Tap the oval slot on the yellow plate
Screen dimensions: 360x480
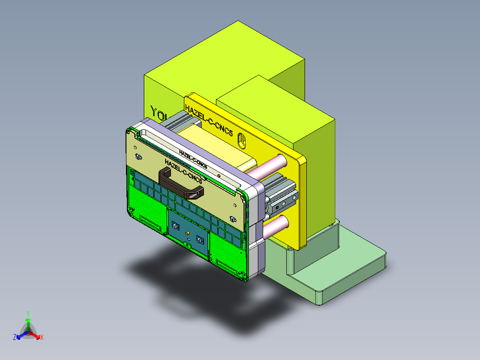pyautogui.click(x=242, y=141)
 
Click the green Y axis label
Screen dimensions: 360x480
pyautogui.click(x=28, y=313)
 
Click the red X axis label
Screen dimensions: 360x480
pyautogui.click(x=42, y=338)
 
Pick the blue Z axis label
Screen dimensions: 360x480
pyautogui.click(x=14, y=338)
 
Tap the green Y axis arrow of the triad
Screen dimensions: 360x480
pyautogui.click(x=28, y=322)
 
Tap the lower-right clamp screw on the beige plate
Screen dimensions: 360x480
pyautogui.click(x=232, y=218)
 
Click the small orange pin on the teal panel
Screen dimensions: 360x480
pyautogui.click(x=187, y=233)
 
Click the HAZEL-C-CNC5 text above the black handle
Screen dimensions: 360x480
pyautogui.click(x=183, y=171)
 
